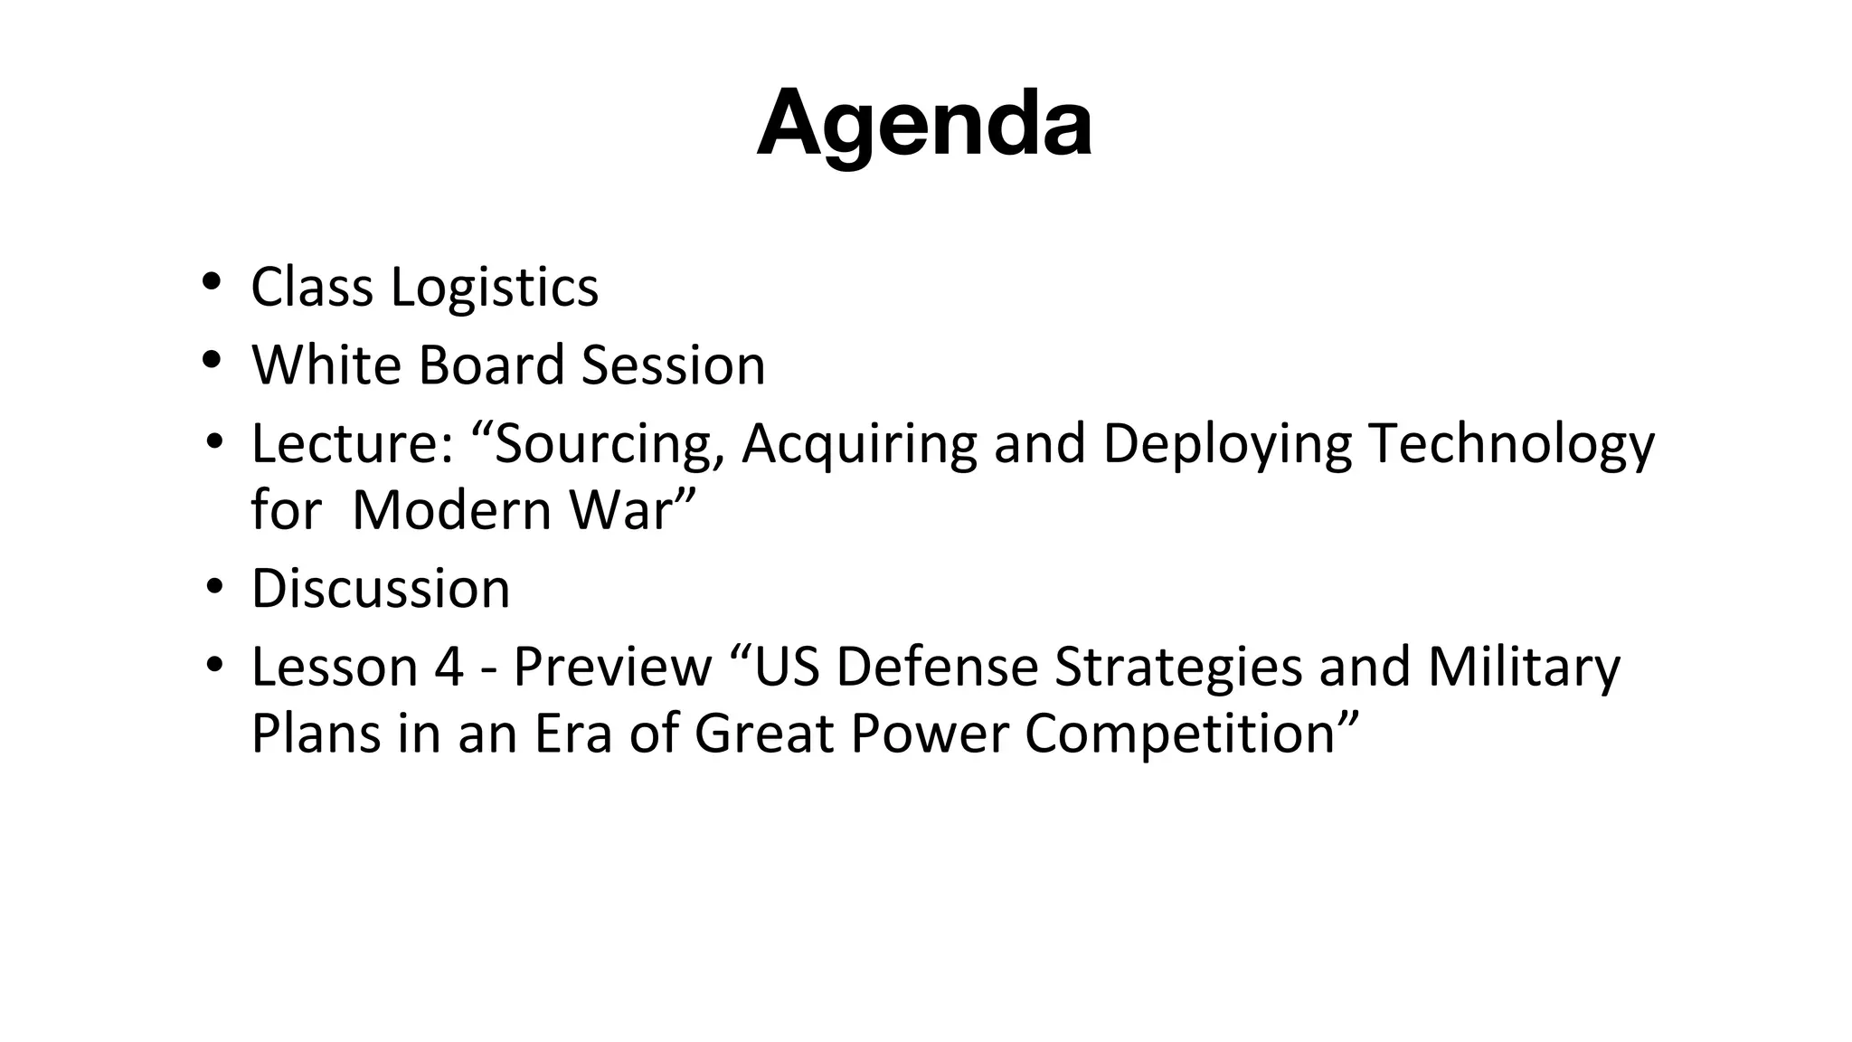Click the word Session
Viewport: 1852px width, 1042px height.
point(673,365)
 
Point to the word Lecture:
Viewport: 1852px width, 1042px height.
point(352,444)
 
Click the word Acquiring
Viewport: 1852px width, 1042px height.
point(859,444)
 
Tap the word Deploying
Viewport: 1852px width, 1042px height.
point(1226,444)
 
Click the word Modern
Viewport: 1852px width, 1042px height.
point(451,510)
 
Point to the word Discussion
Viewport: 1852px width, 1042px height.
point(381,589)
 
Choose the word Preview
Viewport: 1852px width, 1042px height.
point(612,667)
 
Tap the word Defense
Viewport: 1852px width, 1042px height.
point(937,667)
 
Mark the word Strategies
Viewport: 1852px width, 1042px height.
point(1178,667)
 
